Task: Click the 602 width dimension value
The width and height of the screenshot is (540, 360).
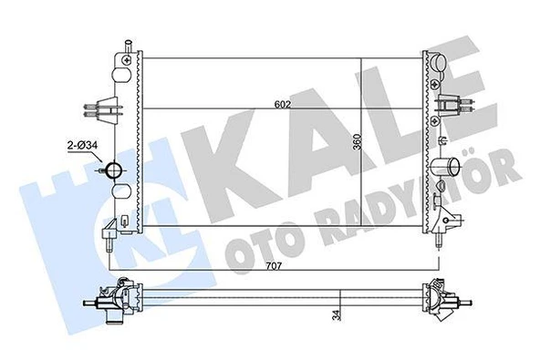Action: (x=282, y=104)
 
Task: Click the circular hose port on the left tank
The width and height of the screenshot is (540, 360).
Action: (x=114, y=170)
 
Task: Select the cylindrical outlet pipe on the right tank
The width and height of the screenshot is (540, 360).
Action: (x=446, y=167)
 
